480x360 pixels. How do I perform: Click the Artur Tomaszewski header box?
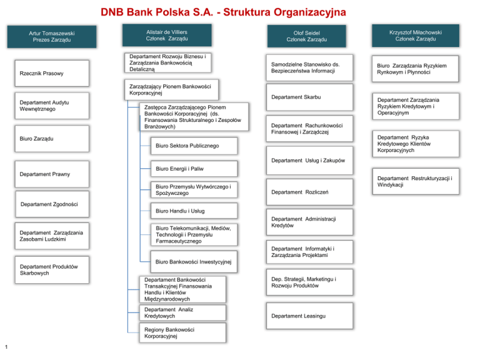[x=52, y=37]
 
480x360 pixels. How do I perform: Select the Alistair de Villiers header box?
[x=167, y=35]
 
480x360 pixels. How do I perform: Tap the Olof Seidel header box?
[x=306, y=36]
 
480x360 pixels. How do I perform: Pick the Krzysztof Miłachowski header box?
[x=416, y=36]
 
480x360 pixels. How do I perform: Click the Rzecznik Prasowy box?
[x=52, y=74]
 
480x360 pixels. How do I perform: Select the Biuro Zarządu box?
[x=52, y=139]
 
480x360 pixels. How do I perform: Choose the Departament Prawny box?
[x=52, y=174]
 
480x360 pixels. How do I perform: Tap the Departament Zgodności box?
[x=52, y=204]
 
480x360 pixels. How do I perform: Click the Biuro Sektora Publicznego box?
[x=194, y=146]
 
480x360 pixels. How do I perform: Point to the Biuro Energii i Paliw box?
[x=194, y=169]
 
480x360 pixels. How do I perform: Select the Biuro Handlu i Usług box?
[x=194, y=211]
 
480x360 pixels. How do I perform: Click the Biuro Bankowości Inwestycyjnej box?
[x=194, y=262]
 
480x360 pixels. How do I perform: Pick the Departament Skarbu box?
[x=309, y=97]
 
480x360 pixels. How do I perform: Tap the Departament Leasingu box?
[x=309, y=316]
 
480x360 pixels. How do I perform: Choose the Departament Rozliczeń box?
[x=309, y=192]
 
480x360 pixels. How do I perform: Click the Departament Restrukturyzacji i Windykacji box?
[x=416, y=181]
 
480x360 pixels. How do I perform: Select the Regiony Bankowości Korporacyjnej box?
[x=182, y=332]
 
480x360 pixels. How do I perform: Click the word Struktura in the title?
[x=247, y=12]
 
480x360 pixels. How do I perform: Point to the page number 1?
[x=6, y=347]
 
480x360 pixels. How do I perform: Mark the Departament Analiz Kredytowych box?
[x=182, y=312]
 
